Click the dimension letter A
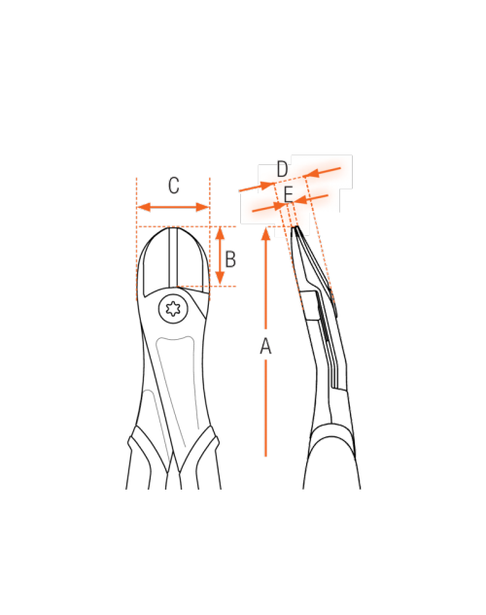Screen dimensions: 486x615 pos(265,346)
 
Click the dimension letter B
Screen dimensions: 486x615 pos(230,258)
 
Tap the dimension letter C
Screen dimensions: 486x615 pos(174,186)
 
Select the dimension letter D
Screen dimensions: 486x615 pos(283,169)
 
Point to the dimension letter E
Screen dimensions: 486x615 pos(289,194)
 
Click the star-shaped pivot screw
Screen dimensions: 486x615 pos(173,309)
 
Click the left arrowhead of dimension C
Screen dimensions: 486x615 pos(144,207)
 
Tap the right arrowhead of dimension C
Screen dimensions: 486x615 pos(202,207)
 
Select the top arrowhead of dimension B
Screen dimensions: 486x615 pos(220,233)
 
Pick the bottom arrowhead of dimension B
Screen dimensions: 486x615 pos(220,278)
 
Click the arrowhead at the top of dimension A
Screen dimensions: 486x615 pos(266,234)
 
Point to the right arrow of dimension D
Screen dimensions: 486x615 pos(323,172)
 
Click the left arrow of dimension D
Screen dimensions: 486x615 pos(257,187)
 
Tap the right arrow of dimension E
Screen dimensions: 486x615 pos(311,199)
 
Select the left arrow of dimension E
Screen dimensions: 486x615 pos(269,208)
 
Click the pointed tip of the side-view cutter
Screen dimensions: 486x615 pos(295,226)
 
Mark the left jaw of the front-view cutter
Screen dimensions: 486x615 pos(156,260)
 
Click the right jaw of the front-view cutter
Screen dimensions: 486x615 pos(191,260)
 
